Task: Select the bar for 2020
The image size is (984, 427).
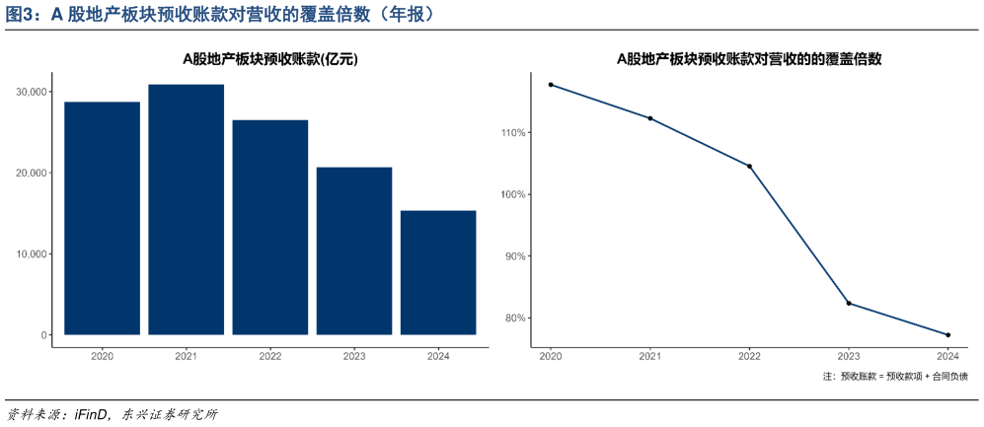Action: [102, 218]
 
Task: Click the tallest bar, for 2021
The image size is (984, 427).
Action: [186, 210]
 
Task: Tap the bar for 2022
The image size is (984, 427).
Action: [270, 227]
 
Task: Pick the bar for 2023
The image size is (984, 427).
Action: [354, 250]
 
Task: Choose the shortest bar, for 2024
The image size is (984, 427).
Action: [438, 272]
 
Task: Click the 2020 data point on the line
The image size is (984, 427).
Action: [551, 85]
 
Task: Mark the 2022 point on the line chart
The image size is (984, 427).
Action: [749, 166]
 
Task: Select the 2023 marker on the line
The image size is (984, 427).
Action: [849, 303]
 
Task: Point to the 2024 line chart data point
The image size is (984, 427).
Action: [947, 335]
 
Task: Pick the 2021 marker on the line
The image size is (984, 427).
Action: [649, 118]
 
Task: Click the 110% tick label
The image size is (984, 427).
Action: [514, 132]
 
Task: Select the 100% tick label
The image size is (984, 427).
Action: [514, 194]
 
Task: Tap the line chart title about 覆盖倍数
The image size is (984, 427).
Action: [748, 59]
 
